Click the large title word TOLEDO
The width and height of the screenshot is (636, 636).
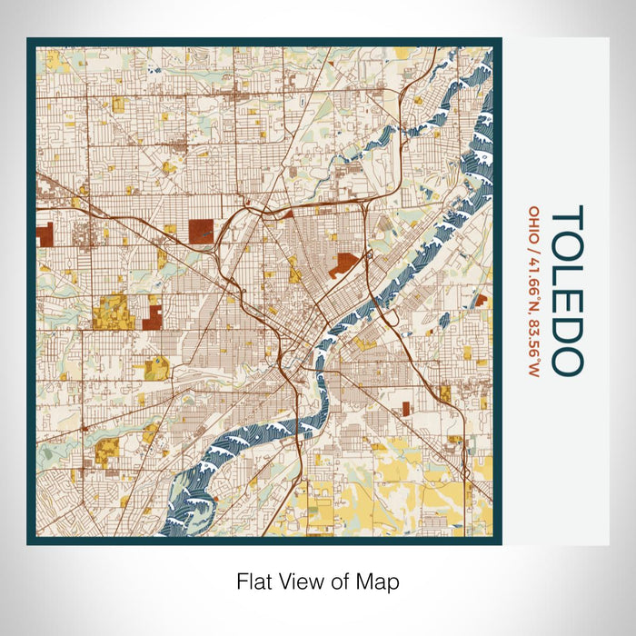(x=567, y=289)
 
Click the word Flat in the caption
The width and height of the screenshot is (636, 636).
(x=254, y=581)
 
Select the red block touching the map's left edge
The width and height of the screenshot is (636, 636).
(x=45, y=238)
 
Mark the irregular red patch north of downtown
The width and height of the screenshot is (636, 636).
(x=343, y=265)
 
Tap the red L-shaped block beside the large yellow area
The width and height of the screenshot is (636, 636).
(x=153, y=317)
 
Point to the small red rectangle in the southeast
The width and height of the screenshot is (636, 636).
(x=406, y=409)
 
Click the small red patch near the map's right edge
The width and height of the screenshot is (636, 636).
(x=481, y=300)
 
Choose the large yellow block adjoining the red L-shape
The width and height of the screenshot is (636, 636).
(x=114, y=312)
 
